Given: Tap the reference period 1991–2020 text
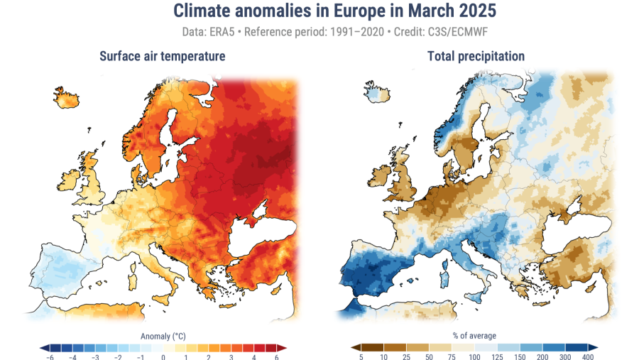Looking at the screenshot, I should point(352,33).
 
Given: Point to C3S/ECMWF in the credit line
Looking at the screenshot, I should point(457,33).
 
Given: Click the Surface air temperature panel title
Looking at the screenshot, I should point(163,56).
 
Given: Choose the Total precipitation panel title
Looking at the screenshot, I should point(476,56).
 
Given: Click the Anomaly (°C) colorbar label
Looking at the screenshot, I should point(163,335).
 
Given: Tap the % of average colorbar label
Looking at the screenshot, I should point(474,335).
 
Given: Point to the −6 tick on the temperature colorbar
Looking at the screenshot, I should point(50,357).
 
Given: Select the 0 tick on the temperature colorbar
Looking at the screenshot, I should point(163,357).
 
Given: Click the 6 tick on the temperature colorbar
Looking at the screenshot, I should point(276,357).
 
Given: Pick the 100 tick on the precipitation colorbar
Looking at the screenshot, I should point(474,357).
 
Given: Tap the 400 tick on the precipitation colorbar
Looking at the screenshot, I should point(588,357).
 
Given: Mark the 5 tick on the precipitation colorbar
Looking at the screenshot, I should point(361,357).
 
